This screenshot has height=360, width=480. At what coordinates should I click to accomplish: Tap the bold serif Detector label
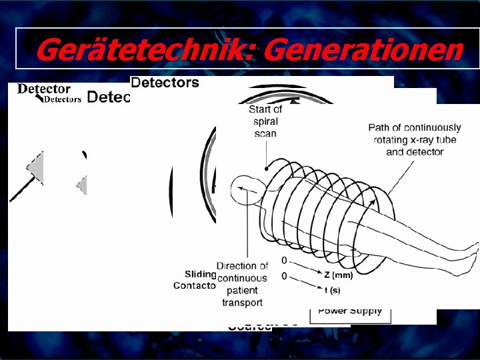pos(44,89)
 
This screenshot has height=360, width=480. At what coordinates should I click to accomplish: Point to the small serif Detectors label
pos(63,99)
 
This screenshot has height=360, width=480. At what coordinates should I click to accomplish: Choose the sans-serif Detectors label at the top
pos(165,83)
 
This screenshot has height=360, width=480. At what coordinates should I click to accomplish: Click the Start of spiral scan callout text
pos(265,121)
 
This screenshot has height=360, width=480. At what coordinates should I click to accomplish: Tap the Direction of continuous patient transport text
pos(242,284)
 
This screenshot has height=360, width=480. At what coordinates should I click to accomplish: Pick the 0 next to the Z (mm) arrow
pos(285,260)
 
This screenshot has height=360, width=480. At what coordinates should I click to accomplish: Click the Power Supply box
pos(350,310)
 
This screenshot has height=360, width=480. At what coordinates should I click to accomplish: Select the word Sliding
pos(201,273)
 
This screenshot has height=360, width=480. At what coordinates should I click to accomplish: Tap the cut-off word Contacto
pos(195,285)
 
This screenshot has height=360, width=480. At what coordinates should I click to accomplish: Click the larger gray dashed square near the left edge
pos(35,167)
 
